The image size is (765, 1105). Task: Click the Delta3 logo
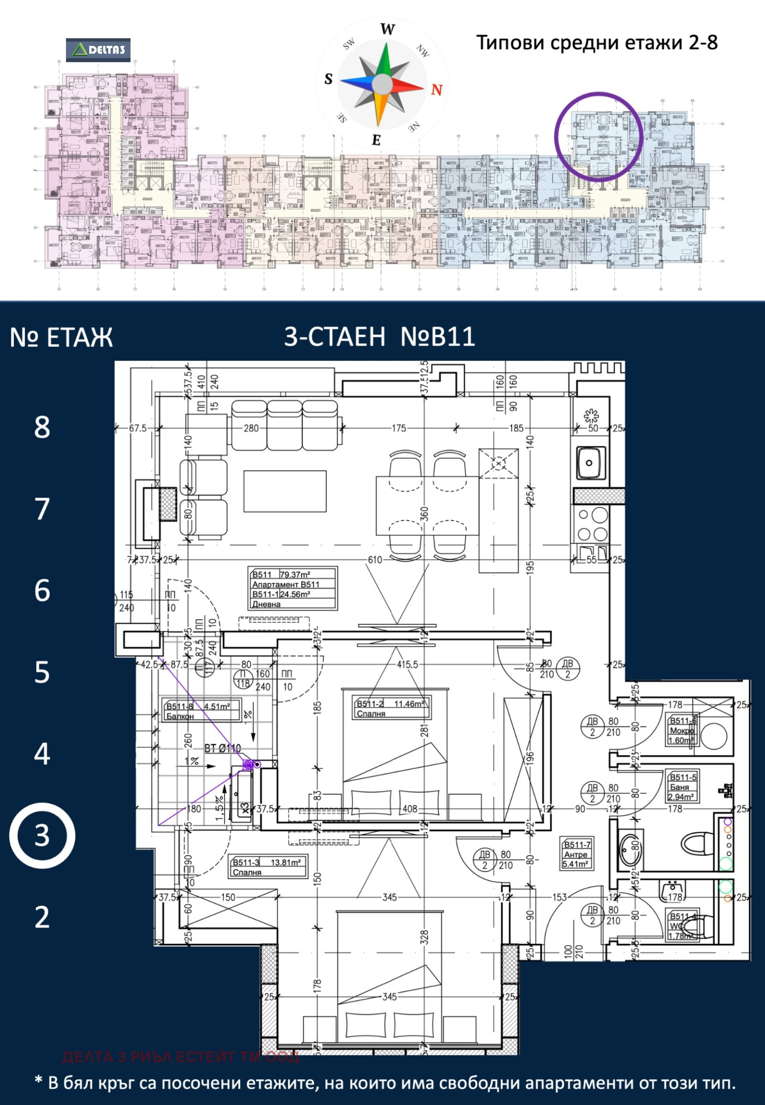[98, 50]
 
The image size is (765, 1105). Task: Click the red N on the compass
[436, 89]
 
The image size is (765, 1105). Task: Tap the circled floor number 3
[42, 836]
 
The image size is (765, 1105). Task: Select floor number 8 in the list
[42, 427]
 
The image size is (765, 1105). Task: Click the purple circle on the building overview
[598, 137]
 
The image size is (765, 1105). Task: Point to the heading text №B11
[437, 337]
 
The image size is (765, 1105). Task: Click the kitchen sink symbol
[590, 463]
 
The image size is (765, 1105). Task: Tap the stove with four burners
[592, 525]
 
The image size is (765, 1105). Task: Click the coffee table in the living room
[284, 492]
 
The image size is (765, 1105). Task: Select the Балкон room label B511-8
[202, 711]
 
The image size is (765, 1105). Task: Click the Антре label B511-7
[577, 854]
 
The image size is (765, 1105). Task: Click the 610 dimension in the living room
[374, 559]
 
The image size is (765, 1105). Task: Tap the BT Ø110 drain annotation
[222, 748]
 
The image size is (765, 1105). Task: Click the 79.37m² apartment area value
[295, 574]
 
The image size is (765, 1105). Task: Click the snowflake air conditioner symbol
[591, 416]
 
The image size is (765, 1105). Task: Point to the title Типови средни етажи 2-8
[596, 43]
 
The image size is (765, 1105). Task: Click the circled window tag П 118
[243, 679]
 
